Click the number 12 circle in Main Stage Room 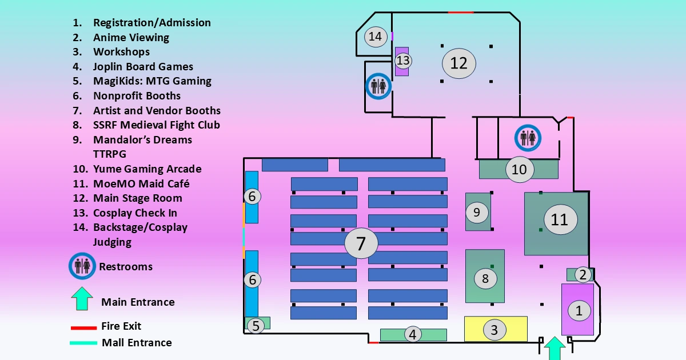tap(458, 62)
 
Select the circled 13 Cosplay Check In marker tap(403, 60)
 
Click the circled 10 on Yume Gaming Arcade tap(519, 170)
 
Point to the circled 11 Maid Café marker tap(560, 219)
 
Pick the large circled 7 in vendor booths tap(361, 243)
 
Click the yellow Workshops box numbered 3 tap(495, 329)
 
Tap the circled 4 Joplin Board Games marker tap(413, 335)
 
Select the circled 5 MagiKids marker tap(256, 326)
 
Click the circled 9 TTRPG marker tap(477, 212)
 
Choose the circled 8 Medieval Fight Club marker tap(485, 279)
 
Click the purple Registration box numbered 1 tap(578, 310)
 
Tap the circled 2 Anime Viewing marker tap(583, 275)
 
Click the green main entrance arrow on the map tap(553, 348)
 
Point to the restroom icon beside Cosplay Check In tap(377, 86)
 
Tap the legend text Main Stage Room tap(138, 198)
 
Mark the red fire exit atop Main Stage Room tap(461, 12)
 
